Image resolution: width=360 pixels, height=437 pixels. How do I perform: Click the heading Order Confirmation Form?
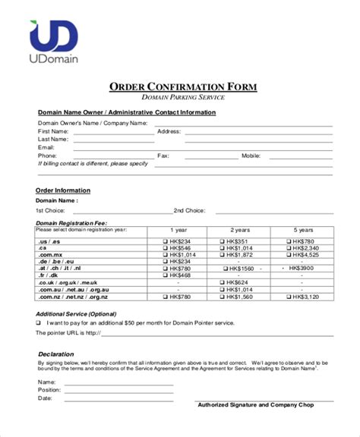[183, 87]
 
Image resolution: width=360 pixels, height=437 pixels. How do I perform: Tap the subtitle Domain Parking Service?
[183, 99]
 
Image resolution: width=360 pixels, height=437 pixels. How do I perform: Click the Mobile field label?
[251, 156]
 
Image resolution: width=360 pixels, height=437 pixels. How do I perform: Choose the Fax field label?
[163, 156]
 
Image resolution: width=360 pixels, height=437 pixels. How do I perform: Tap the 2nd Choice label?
[189, 210]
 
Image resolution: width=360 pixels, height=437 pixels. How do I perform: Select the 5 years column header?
[302, 230]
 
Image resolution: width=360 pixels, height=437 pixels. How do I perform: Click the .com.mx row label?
[51, 254]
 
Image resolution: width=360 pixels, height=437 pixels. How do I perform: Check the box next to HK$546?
[165, 247]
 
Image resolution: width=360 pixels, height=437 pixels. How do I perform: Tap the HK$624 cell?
[237, 283]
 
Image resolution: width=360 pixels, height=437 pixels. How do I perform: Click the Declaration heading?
[55, 354]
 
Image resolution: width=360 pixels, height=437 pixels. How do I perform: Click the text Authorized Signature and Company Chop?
[255, 404]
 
